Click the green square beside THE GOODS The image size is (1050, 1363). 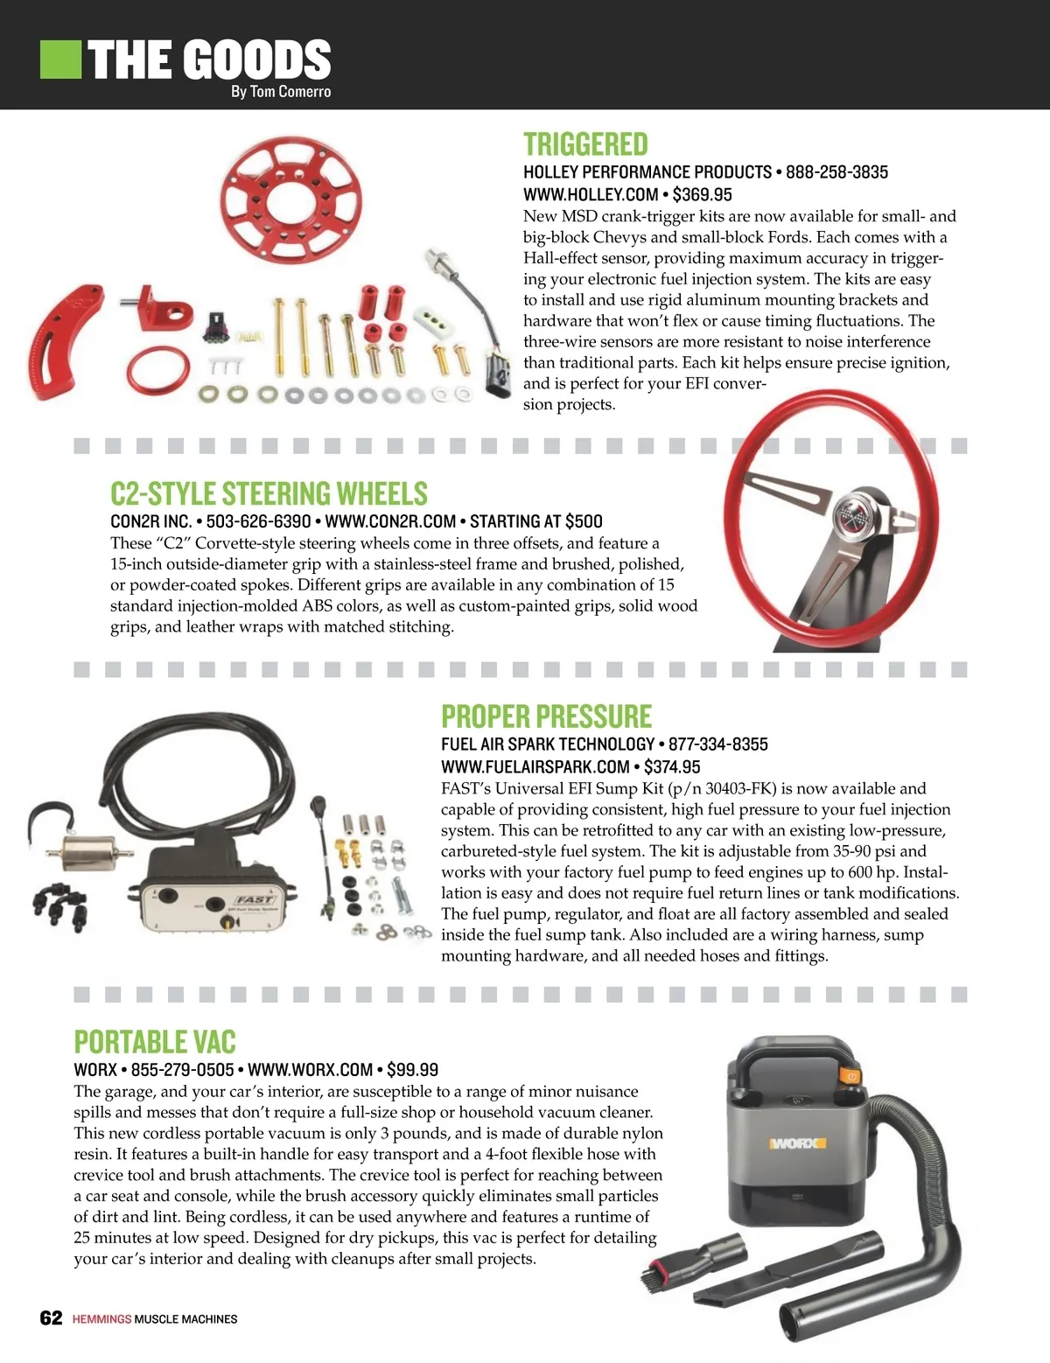pyautogui.click(x=60, y=59)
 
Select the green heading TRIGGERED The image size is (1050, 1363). pyautogui.click(x=585, y=144)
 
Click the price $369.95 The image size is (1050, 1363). pyautogui.click(x=702, y=194)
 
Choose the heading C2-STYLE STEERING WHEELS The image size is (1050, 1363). pyautogui.click(x=269, y=493)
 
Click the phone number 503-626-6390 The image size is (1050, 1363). pyautogui.click(x=258, y=521)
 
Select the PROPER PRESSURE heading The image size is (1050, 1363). pyautogui.click(x=546, y=716)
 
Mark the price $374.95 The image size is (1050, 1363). pyautogui.click(x=672, y=766)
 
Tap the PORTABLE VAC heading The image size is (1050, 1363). pyautogui.click(x=155, y=1042)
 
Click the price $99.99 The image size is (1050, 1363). pyautogui.click(x=413, y=1069)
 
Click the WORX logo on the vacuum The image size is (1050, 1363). pyautogui.click(x=797, y=1143)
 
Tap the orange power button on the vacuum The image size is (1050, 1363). pyautogui.click(x=851, y=1076)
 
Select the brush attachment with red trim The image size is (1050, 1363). pyautogui.click(x=693, y=1262)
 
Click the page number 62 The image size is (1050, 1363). pyautogui.click(x=51, y=1318)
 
